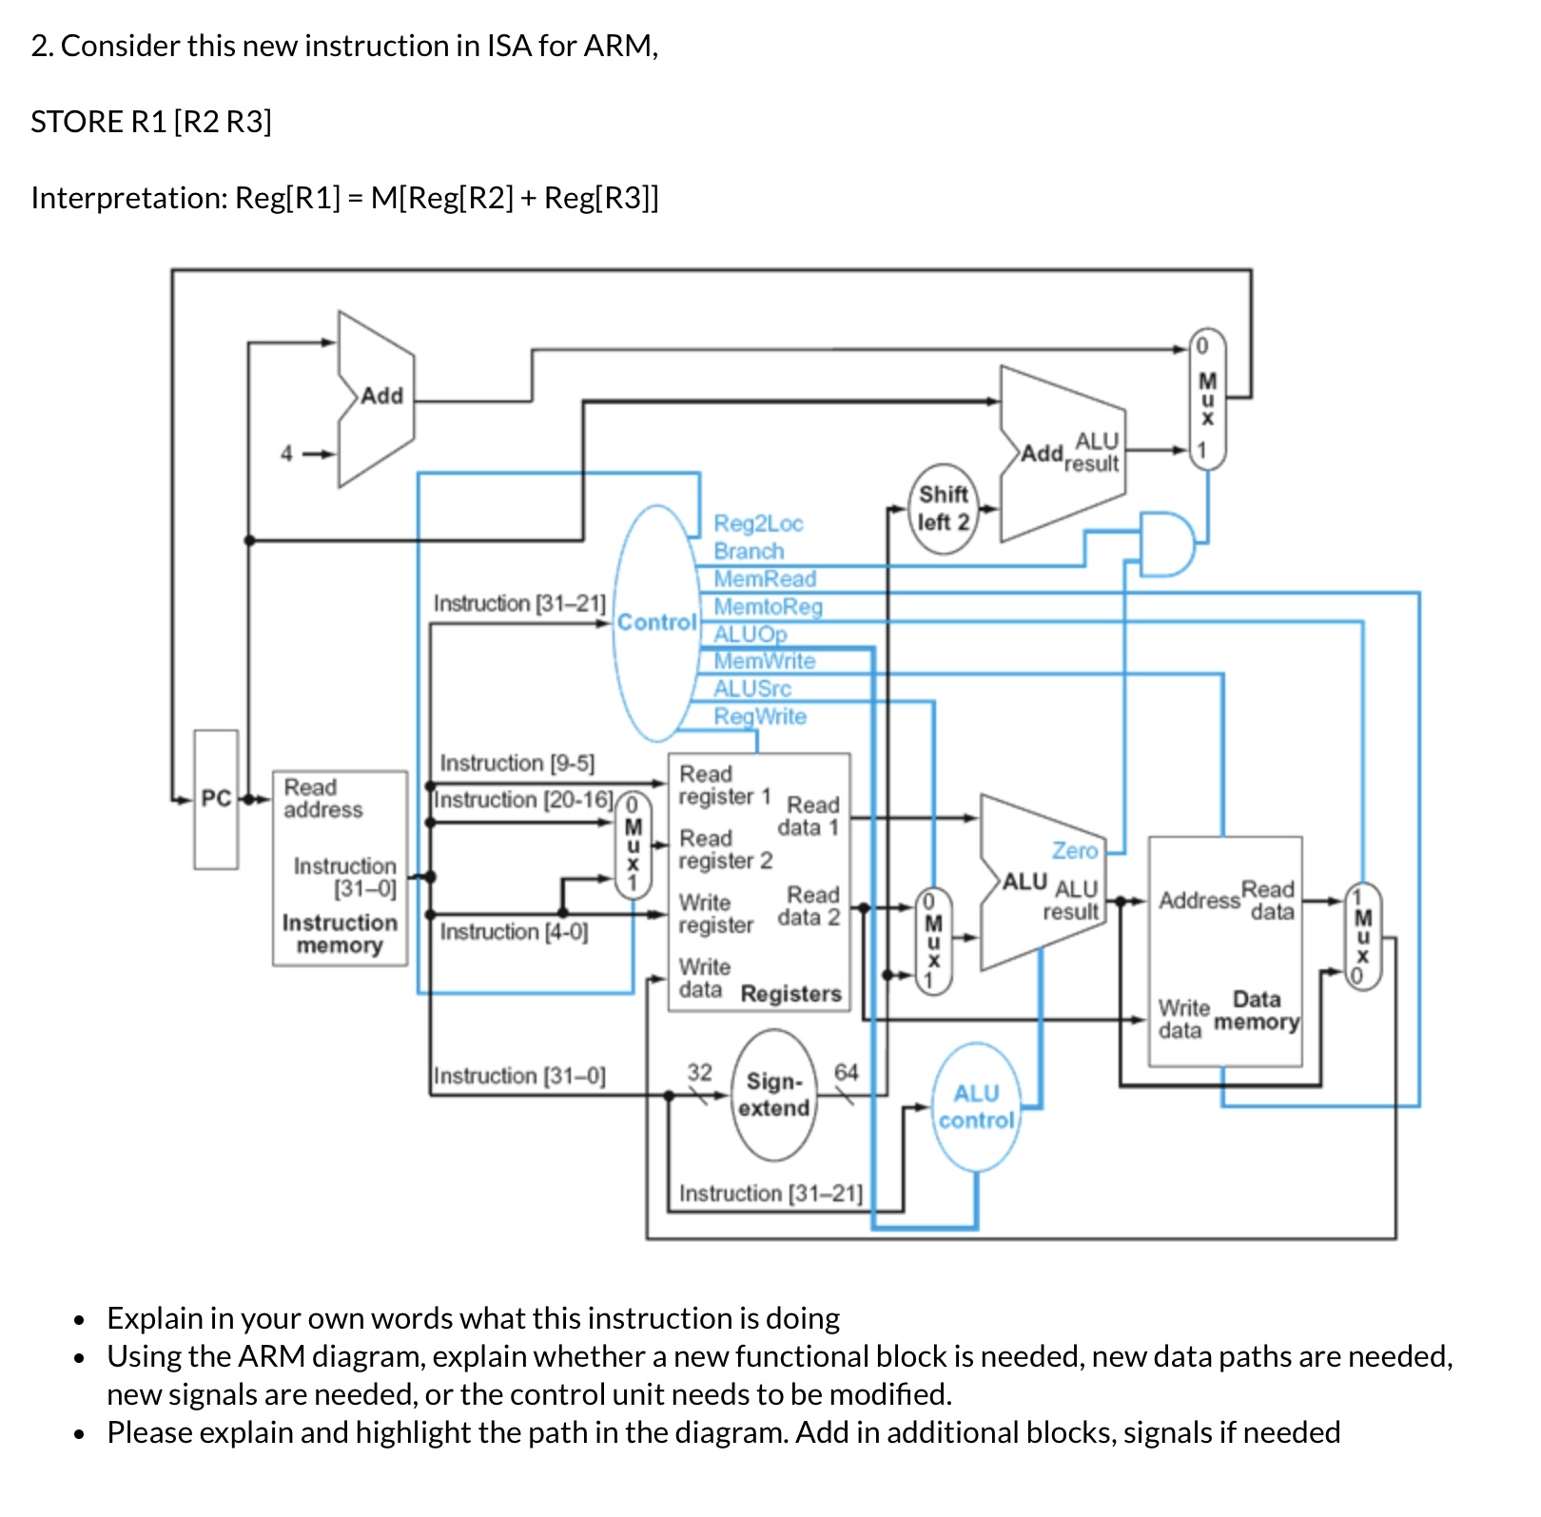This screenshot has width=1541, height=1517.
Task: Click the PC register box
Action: (216, 800)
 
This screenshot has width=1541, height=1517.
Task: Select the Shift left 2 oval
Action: (943, 509)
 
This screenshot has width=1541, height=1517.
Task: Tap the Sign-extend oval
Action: (774, 1096)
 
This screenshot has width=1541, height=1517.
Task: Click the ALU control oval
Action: (976, 1108)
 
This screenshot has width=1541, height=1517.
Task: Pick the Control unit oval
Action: (656, 623)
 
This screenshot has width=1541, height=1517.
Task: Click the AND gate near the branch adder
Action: (1166, 544)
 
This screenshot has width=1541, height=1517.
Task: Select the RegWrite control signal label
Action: (760, 717)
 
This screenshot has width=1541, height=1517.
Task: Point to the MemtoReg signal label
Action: (768, 607)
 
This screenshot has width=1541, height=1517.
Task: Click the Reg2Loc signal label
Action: (758, 524)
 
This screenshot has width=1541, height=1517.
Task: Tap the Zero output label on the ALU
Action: (1074, 850)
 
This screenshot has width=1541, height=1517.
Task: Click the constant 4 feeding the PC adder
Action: (286, 455)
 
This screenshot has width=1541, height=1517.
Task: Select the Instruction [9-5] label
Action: (517, 764)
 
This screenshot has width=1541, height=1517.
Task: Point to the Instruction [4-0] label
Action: (514, 932)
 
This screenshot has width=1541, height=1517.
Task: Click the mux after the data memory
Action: (1362, 936)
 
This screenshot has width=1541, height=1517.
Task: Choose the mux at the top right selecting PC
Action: (1207, 399)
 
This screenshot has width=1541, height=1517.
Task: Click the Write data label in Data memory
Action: (1183, 1019)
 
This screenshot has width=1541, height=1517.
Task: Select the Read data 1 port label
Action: (809, 816)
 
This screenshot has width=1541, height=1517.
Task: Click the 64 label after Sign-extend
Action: (846, 1073)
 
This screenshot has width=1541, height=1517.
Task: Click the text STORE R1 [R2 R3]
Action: (151, 122)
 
